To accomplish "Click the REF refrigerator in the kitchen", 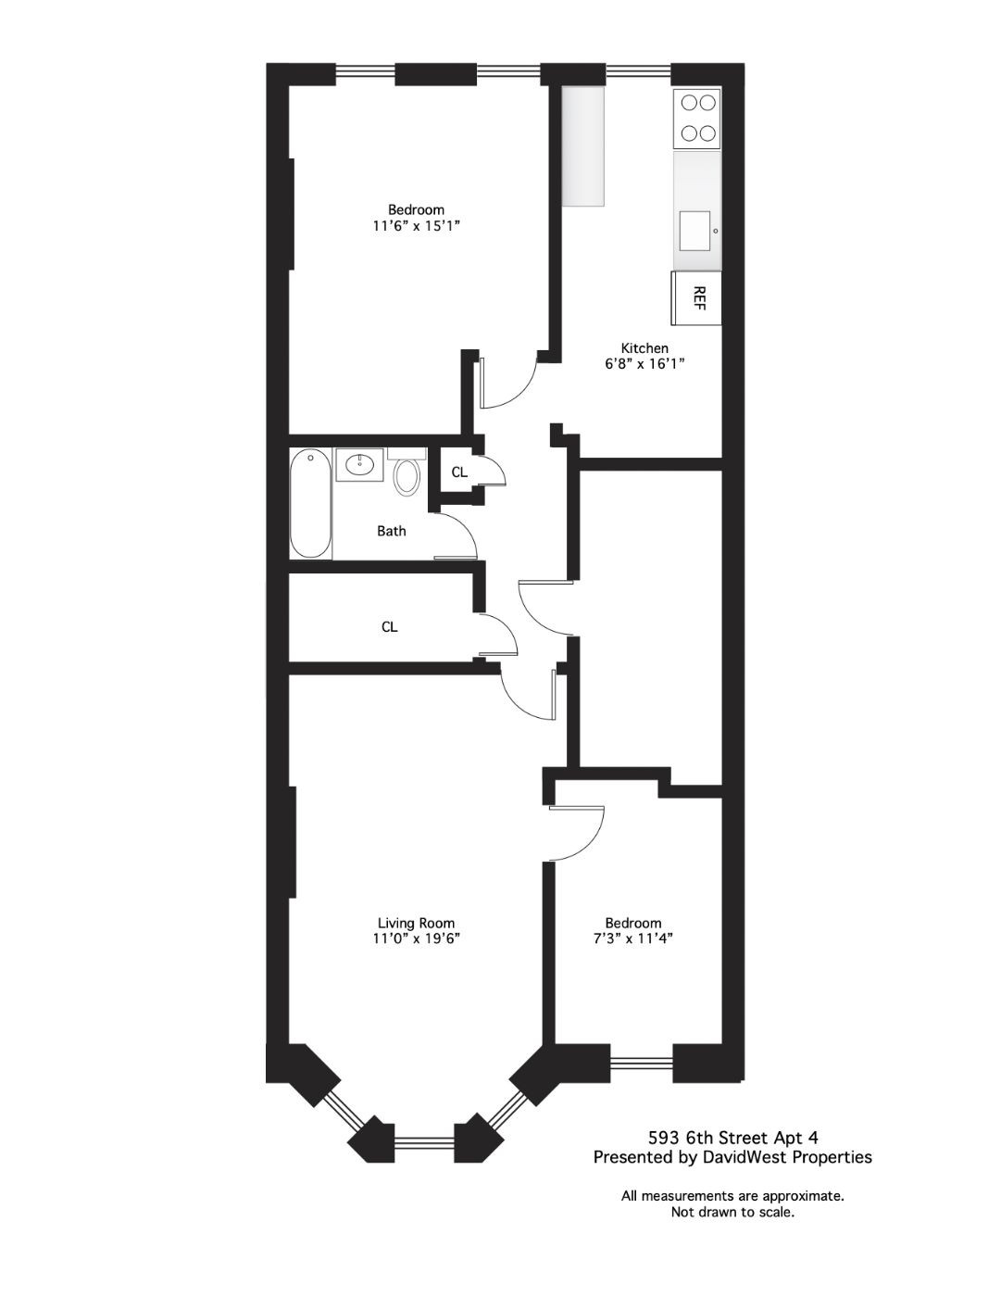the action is pyautogui.click(x=696, y=297).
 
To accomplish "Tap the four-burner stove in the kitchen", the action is pyautogui.click(x=697, y=119).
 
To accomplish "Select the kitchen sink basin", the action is pyautogui.click(x=695, y=231).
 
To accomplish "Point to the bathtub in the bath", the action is pyautogui.click(x=310, y=504).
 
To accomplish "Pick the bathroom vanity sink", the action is pyautogui.click(x=359, y=464).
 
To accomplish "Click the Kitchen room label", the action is pyautogui.click(x=644, y=348).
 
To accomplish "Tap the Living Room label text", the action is pyautogui.click(x=416, y=923).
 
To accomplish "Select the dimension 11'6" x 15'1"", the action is pyautogui.click(x=417, y=226).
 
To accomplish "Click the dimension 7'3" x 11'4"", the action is pyautogui.click(x=633, y=938).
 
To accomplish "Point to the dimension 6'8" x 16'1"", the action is pyautogui.click(x=644, y=364).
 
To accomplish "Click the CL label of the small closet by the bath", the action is pyautogui.click(x=459, y=472).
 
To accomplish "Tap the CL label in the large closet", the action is pyautogui.click(x=390, y=626).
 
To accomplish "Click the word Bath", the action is pyautogui.click(x=392, y=531).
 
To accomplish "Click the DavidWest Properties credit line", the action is pyautogui.click(x=732, y=1157).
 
